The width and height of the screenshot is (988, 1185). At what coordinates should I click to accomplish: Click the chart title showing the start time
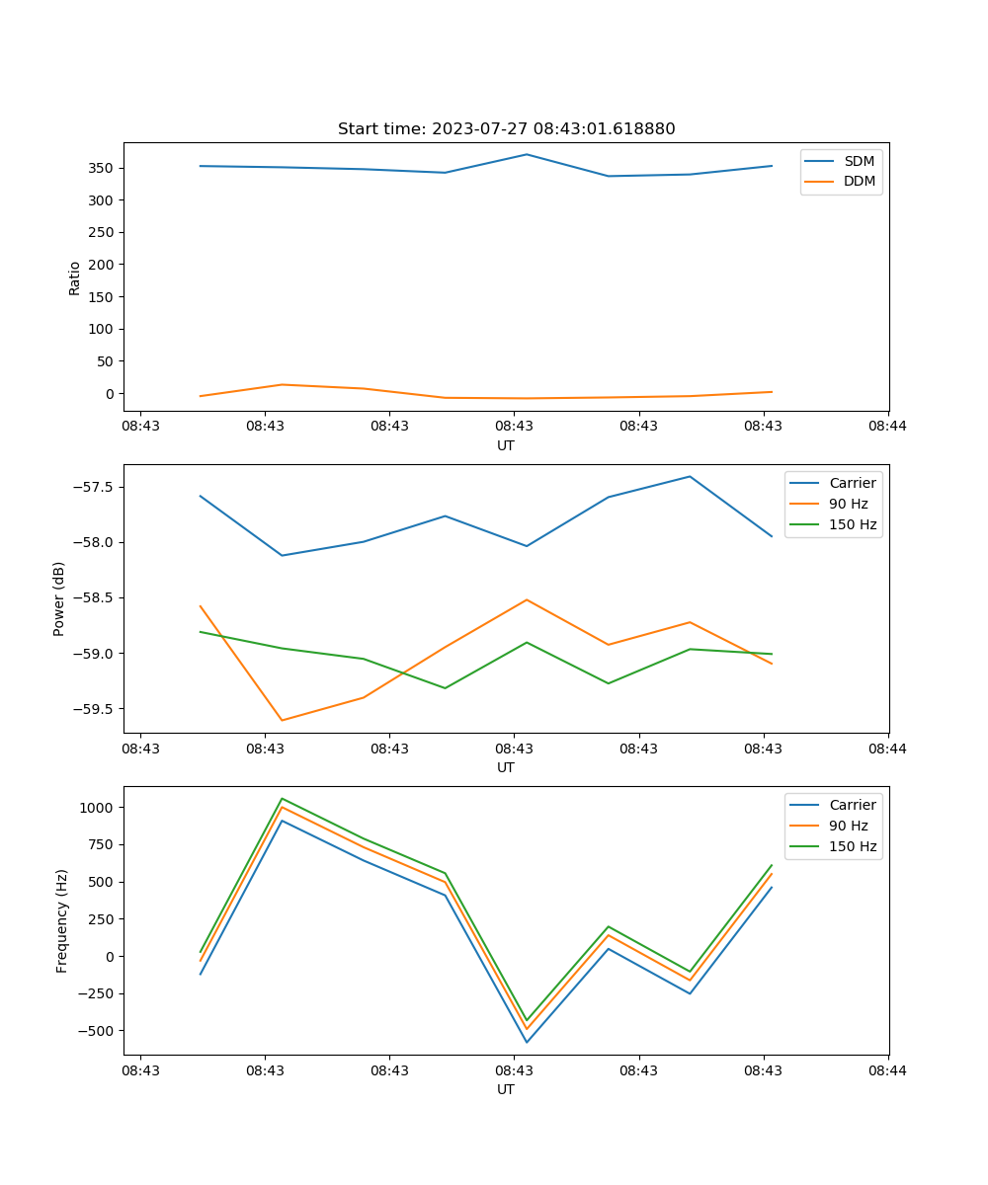tap(506, 129)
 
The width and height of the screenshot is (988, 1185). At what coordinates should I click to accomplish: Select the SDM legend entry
tap(859, 161)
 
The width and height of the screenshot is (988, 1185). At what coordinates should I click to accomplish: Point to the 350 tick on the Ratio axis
tap(102, 168)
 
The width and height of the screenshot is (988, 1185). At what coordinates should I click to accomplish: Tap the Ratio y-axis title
tap(75, 277)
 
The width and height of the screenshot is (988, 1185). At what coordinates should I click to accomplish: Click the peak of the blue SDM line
tap(527, 154)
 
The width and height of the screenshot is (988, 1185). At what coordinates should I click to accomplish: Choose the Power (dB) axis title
tap(59, 598)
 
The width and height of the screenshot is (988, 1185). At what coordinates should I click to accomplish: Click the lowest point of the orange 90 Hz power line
tap(282, 720)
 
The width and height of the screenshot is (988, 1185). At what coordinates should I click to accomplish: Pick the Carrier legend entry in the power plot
tap(852, 483)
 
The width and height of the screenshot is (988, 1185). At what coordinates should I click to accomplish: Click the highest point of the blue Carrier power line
tap(690, 476)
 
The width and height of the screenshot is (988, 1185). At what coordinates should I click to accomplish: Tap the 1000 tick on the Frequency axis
tap(97, 807)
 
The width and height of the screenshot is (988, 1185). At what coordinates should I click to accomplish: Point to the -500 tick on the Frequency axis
tap(96, 1030)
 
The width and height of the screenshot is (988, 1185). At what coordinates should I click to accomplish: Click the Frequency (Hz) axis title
tap(61, 920)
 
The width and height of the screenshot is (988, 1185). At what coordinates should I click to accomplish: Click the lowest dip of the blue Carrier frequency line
tap(527, 1042)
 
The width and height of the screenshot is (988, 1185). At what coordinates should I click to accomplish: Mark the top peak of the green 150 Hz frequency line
tap(282, 798)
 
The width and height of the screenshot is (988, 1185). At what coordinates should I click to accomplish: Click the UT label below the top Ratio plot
tap(506, 445)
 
